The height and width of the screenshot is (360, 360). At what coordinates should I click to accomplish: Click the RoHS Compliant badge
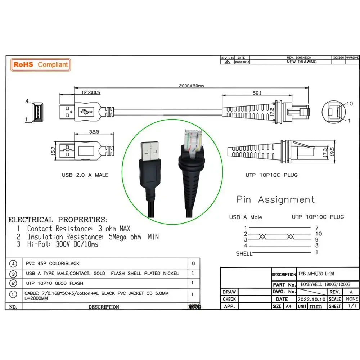coord(40,65)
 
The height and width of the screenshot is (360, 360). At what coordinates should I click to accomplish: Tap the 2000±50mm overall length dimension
coord(192,86)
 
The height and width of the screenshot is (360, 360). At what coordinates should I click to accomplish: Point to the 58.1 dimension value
coord(257,93)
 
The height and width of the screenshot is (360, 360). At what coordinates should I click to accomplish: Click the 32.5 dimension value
coord(94,132)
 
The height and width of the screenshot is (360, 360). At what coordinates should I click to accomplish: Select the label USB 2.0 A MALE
coord(85,175)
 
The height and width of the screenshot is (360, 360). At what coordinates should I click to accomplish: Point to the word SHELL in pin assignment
coord(244,253)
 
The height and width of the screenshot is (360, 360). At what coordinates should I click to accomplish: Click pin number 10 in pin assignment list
coord(318,234)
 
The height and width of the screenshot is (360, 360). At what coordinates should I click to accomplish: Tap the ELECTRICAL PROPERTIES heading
coord(58,220)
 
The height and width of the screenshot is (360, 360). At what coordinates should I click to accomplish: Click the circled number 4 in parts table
coord(13,264)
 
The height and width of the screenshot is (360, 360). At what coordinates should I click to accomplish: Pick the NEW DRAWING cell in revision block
coord(301,62)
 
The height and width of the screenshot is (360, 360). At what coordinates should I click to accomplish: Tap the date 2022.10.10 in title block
coord(312,299)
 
